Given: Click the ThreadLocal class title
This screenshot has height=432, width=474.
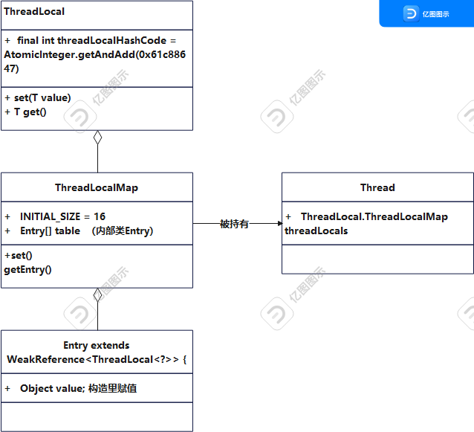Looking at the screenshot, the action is tap(34, 12).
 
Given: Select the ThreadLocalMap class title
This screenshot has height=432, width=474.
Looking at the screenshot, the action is tap(97, 187).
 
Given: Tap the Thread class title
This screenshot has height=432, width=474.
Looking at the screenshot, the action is tap(377, 187).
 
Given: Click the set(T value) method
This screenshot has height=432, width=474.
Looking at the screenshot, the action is tap(42, 97).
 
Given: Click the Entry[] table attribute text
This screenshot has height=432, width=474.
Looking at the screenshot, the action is tap(50, 231).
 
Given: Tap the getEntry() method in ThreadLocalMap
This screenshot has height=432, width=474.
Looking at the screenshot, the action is tap(27, 269).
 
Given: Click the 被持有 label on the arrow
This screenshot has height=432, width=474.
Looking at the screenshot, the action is tap(234, 224).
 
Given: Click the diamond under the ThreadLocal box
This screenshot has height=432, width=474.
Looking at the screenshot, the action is tap(97, 137).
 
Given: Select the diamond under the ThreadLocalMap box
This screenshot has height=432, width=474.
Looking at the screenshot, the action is tap(97, 294).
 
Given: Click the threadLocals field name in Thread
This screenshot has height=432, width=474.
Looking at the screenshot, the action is tap(316, 230).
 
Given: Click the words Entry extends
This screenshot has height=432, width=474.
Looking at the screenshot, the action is tap(97, 345).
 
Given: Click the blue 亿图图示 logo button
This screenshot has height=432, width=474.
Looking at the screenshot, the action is tap(426, 13).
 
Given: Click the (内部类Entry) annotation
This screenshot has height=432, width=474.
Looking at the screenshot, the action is tap(123, 231).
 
